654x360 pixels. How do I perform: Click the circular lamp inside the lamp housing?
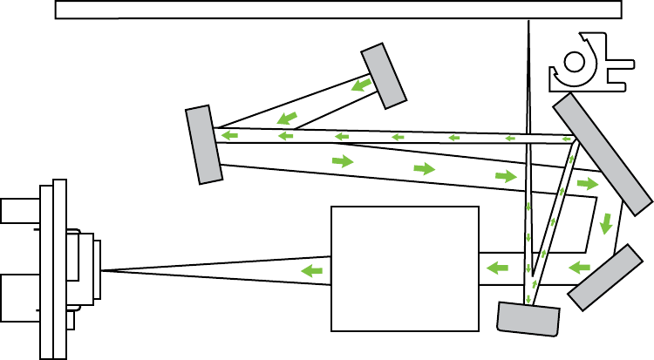point(575,62)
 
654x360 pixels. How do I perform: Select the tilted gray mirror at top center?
point(385,76)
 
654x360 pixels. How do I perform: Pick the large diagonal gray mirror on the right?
point(603,153)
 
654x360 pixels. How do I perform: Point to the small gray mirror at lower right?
point(604,277)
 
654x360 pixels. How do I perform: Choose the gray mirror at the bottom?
point(528,318)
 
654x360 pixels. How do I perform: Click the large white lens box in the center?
point(405,268)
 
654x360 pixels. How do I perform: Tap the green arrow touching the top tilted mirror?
point(362,85)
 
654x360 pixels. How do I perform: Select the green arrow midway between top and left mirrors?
point(286,119)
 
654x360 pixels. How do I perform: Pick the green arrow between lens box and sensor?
point(311,272)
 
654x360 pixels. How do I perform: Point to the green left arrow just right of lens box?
point(497,267)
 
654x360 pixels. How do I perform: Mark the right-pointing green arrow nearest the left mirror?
point(343,161)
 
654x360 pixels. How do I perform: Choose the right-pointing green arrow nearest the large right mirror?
point(588,184)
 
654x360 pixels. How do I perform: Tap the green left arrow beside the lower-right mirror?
point(579,267)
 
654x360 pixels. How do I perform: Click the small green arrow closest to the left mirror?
point(229,135)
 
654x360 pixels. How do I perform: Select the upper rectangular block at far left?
point(18,211)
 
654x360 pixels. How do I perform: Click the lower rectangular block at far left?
point(19,297)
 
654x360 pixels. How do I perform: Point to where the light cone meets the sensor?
point(101,270)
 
